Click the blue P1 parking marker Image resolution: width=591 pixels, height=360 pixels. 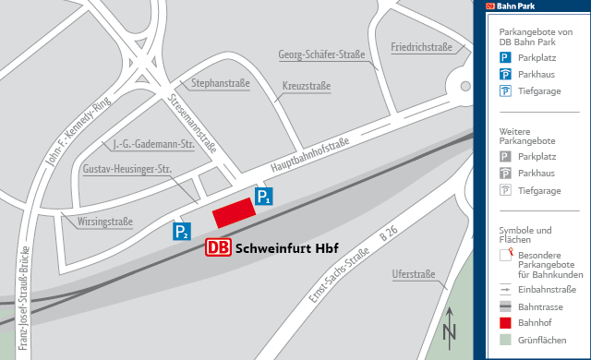[x=264, y=196]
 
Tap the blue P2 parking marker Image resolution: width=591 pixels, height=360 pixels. [x=183, y=231]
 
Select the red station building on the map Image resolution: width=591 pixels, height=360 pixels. [x=234, y=213]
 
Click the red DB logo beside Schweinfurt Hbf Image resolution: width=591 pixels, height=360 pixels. [x=219, y=247]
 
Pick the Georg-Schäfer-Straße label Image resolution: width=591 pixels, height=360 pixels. [x=320, y=54]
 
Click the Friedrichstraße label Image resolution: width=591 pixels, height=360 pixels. [x=421, y=46]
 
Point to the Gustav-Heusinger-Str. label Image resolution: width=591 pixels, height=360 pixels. [x=127, y=170]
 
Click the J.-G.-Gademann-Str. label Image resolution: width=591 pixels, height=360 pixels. [x=152, y=144]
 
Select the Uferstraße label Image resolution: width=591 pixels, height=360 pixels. [x=413, y=274]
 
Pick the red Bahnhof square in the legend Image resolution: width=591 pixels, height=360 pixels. [x=505, y=322]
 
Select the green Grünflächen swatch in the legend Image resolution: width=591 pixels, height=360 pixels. [x=505, y=339]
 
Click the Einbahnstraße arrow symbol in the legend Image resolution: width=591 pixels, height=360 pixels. [x=505, y=289]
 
